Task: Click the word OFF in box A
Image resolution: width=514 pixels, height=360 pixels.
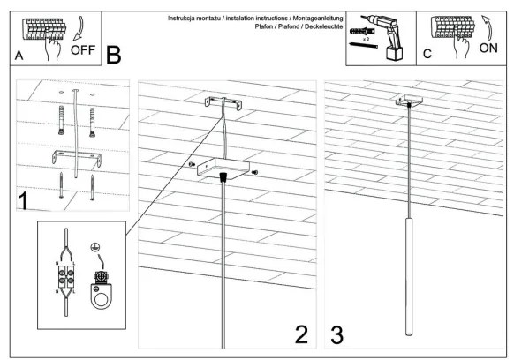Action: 83,50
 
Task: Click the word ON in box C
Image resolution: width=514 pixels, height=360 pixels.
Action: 488,49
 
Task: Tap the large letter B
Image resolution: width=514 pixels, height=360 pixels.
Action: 113,55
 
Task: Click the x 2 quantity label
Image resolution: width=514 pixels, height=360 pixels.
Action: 366,39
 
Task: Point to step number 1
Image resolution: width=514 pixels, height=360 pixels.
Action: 23,200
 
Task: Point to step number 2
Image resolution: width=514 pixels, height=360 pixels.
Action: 301,334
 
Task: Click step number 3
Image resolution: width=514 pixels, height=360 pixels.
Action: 337,334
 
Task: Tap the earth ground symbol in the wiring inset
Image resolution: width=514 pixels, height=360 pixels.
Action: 95,247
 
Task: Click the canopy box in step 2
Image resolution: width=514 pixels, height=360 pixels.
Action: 223,169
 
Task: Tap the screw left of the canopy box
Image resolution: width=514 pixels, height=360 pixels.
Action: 192,164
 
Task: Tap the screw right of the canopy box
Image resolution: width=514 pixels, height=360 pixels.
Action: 254,172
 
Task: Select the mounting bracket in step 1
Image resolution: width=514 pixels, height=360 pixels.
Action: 77,156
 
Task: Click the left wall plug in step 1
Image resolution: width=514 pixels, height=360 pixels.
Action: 61,120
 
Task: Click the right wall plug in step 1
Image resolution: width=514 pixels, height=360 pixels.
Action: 93,122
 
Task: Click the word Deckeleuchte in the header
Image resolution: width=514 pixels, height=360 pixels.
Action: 323,26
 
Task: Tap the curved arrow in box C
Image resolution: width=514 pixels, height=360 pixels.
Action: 488,28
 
